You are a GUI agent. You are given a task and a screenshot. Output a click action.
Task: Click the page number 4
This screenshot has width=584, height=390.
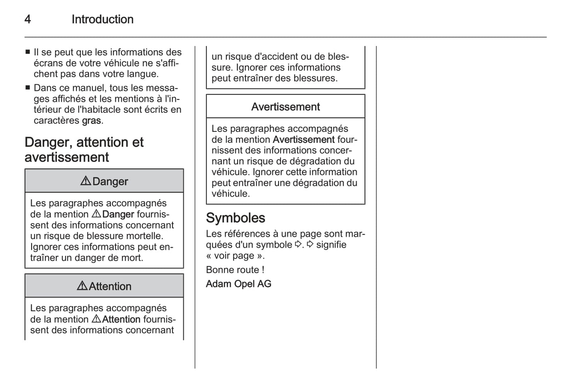[x=27, y=19]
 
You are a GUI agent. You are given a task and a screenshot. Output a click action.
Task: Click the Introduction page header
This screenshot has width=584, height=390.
[x=102, y=19]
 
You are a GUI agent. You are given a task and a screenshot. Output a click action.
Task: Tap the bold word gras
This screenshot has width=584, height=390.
[x=91, y=120]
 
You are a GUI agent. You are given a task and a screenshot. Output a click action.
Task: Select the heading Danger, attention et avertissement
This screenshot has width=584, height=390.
[x=84, y=150]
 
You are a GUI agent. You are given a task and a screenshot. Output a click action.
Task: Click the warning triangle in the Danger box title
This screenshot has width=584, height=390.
[x=86, y=181]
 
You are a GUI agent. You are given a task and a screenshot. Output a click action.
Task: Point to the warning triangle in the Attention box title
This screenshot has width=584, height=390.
[x=82, y=286]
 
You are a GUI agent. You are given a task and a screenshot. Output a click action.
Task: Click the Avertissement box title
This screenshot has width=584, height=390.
[x=285, y=107]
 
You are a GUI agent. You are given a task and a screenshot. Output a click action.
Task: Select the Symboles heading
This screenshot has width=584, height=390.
[x=235, y=218]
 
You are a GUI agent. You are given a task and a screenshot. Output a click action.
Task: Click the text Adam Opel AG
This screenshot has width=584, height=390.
[x=238, y=284]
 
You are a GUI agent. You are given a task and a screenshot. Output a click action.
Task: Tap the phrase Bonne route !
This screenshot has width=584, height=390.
[x=235, y=270]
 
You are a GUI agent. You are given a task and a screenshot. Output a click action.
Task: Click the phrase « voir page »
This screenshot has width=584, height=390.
[x=235, y=256]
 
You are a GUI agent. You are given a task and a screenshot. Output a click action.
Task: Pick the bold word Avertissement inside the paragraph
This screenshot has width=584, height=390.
[x=304, y=139]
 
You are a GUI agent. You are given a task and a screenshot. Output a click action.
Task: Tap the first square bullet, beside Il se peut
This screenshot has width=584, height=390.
[x=27, y=52]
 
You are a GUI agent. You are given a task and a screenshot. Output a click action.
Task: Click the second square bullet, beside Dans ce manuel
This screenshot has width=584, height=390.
[x=27, y=88]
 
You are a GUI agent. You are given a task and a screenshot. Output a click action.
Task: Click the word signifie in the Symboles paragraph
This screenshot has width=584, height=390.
[x=331, y=245]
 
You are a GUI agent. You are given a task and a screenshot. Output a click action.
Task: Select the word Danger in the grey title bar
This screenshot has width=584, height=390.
[x=110, y=181]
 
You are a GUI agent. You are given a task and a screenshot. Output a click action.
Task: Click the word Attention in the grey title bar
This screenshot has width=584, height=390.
[x=110, y=286]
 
